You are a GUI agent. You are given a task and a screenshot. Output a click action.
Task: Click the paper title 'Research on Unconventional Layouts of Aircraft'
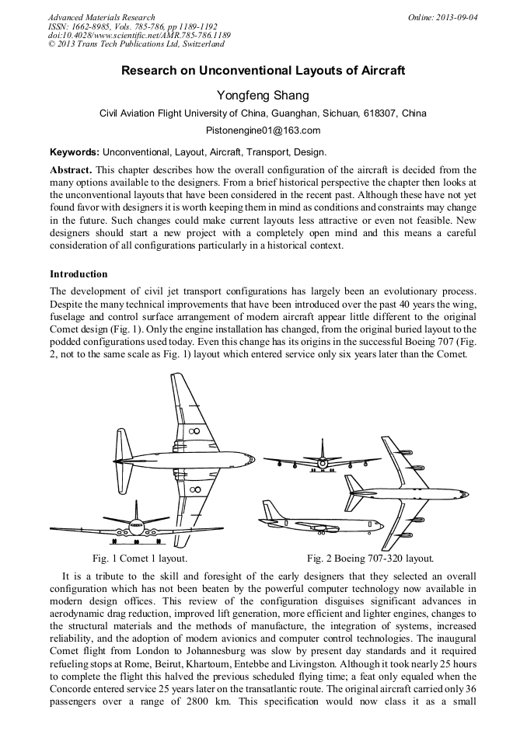pyautogui.click(x=263, y=71)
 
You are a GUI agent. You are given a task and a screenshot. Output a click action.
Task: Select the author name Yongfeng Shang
pyautogui.click(x=263, y=96)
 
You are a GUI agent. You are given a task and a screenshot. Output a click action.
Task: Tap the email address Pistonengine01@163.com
pyautogui.click(x=263, y=131)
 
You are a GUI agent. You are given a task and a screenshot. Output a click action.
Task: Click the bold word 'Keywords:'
pyautogui.click(x=75, y=152)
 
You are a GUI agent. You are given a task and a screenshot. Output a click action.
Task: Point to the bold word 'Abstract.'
pyautogui.click(x=72, y=169)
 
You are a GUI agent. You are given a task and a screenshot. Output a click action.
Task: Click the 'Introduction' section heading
pyautogui.click(x=79, y=274)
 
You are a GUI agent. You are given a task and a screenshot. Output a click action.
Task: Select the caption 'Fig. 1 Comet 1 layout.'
pyautogui.click(x=139, y=559)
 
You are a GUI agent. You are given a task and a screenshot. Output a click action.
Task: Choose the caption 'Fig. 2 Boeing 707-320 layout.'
pyautogui.click(x=370, y=559)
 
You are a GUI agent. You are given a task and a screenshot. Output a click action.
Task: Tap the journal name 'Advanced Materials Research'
pyautogui.click(x=101, y=17)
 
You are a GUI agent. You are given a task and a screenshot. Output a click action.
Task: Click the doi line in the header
pyautogui.click(x=138, y=35)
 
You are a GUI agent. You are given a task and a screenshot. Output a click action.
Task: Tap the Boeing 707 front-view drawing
pyautogui.click(x=323, y=461)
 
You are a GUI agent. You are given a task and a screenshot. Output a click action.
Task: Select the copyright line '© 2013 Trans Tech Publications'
pyautogui.click(x=136, y=44)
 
